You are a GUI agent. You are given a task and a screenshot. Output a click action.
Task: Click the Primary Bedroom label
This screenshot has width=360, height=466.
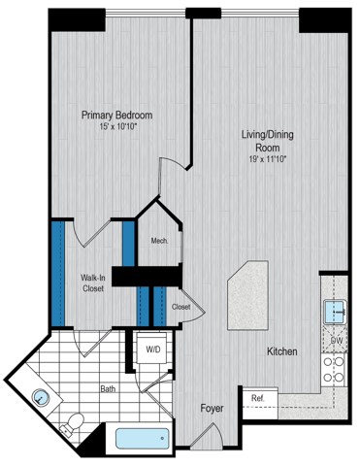point(116,115)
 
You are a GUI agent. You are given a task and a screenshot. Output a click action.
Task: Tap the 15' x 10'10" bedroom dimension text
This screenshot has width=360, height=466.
point(116,126)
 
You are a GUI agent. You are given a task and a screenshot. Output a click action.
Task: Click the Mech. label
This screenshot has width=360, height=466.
point(159,242)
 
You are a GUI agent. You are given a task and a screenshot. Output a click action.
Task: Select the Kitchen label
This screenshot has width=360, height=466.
point(278,350)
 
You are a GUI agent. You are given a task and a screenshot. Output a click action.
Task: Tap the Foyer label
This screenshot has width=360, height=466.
point(213,409)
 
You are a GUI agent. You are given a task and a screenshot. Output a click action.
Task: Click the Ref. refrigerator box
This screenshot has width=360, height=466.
point(258,399)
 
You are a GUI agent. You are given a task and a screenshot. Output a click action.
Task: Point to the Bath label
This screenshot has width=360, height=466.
point(108,391)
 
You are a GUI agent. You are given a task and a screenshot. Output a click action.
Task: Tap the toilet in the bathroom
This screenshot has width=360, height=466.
point(72,424)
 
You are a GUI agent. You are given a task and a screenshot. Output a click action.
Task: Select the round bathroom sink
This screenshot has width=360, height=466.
point(40,398)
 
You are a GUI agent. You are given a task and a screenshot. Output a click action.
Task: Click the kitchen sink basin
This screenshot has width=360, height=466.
point(335,312)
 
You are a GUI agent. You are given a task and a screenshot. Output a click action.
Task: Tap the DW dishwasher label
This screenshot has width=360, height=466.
point(336,341)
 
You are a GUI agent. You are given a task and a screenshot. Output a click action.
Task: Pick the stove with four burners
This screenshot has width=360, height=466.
point(336,370)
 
